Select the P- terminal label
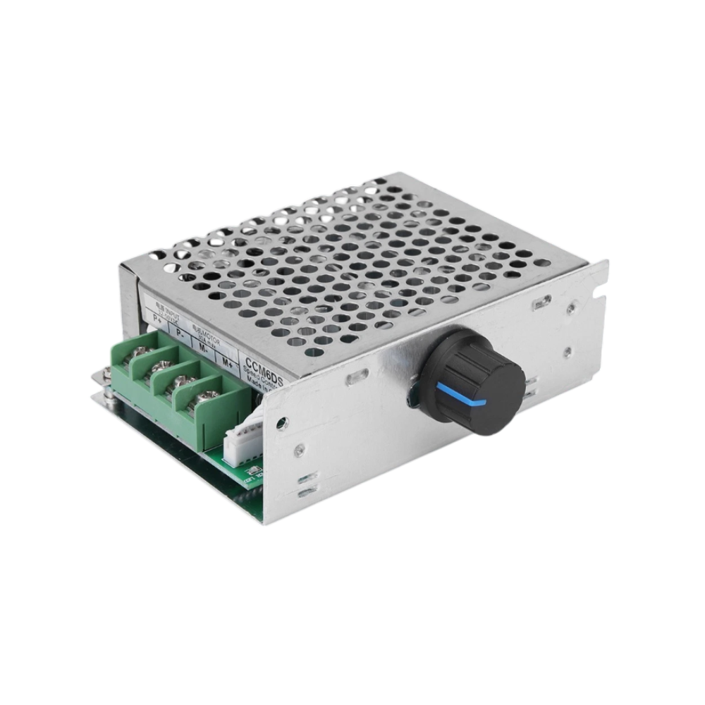180,333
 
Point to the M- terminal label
204,348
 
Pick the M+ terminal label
227,362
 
